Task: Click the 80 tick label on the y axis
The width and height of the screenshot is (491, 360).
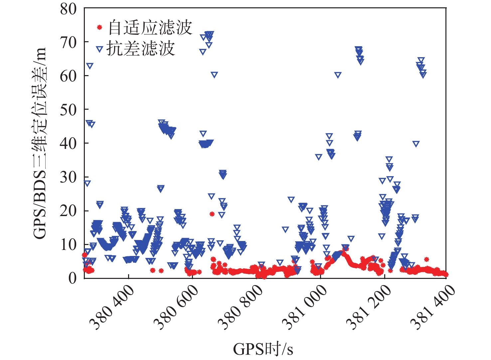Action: click(x=68, y=9)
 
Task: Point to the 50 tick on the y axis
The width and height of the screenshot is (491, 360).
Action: click(x=68, y=110)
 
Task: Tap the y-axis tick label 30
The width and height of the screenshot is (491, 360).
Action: click(x=68, y=178)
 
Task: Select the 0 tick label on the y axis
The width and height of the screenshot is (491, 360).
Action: click(x=72, y=278)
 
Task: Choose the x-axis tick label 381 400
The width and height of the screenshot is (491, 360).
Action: click(x=433, y=308)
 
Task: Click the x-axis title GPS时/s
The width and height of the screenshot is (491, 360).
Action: click(x=263, y=349)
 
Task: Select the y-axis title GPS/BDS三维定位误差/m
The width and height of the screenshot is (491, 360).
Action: click(x=40, y=143)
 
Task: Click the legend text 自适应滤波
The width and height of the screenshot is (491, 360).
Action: click(x=150, y=27)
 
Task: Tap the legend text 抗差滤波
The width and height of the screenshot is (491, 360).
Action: click(x=141, y=49)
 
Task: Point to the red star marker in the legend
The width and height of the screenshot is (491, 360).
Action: click(x=99, y=27)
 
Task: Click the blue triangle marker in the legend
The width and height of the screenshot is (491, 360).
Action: click(x=99, y=49)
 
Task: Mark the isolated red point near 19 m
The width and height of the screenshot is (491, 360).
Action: click(x=212, y=214)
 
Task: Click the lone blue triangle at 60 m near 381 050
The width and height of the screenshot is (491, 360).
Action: click(x=338, y=75)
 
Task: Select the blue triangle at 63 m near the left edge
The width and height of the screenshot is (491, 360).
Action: click(x=89, y=66)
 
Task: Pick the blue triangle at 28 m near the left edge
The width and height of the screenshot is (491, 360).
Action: click(x=87, y=183)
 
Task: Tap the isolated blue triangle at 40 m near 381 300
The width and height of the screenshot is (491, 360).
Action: click(x=416, y=144)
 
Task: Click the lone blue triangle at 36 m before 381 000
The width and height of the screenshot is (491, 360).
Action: click(x=319, y=157)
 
